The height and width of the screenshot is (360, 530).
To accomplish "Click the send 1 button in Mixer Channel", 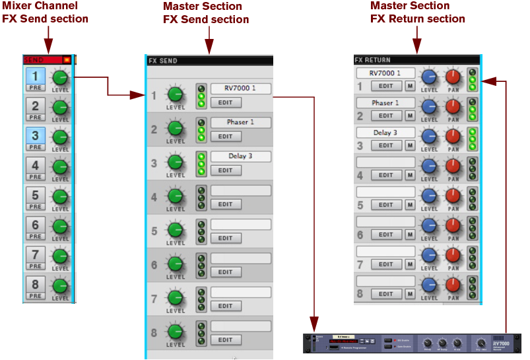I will pos(35,76).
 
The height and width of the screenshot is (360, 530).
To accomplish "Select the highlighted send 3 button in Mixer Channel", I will pos(35,135).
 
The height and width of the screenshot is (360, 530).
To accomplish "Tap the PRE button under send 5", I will pos(35,206).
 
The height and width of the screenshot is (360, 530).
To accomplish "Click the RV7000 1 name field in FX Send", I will pos(240,88).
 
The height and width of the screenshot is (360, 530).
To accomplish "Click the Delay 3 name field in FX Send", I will pos(240,157).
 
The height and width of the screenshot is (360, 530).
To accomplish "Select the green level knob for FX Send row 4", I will pos(175,196).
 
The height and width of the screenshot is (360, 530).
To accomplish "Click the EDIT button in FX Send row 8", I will pos(225,340).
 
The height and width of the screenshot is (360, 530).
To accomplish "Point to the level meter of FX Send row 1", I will pos(201,95).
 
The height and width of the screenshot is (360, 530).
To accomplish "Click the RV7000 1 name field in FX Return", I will pos(385,73).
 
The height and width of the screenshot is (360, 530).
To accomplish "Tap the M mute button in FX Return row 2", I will pos(410,116).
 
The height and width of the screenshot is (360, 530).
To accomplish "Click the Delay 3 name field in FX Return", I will pos(385,133).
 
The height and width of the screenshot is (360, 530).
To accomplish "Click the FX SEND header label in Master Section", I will pos(163,61).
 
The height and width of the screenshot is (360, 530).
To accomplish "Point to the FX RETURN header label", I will pos(373,59).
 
